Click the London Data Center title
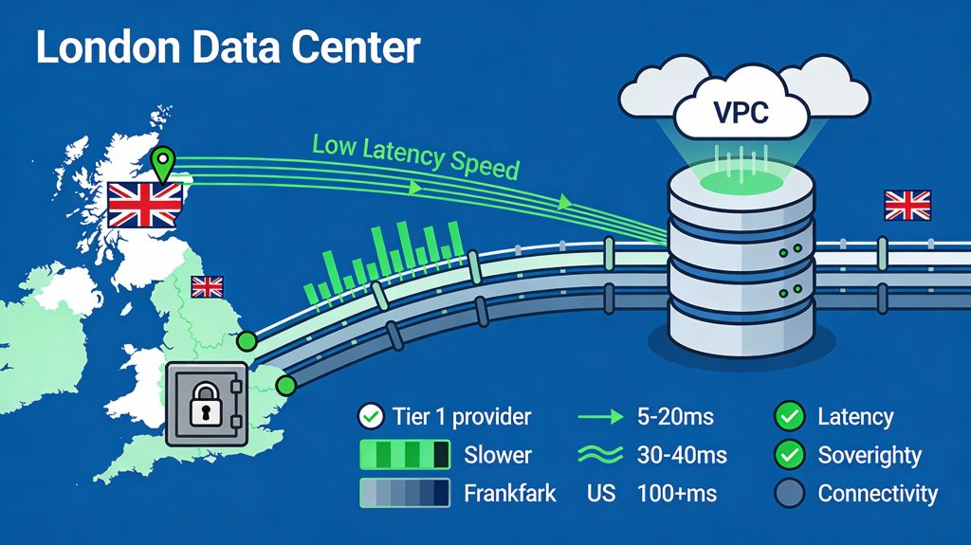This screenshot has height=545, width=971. [x=228, y=47]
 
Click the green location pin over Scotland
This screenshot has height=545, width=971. [x=166, y=162]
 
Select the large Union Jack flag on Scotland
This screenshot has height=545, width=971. [x=145, y=205]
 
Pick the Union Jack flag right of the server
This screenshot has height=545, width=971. [x=907, y=205]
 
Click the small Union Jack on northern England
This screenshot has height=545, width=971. [x=207, y=286]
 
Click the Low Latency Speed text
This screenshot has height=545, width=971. [x=415, y=156]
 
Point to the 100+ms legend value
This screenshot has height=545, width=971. [x=680, y=493]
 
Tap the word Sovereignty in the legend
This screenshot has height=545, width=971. [x=870, y=455]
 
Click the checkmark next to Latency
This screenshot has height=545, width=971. [x=789, y=416]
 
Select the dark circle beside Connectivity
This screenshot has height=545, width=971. [x=789, y=493]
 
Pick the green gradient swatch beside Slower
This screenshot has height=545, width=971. [x=404, y=455]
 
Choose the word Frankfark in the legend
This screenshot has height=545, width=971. [x=510, y=493]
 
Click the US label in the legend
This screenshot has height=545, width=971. [x=600, y=493]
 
